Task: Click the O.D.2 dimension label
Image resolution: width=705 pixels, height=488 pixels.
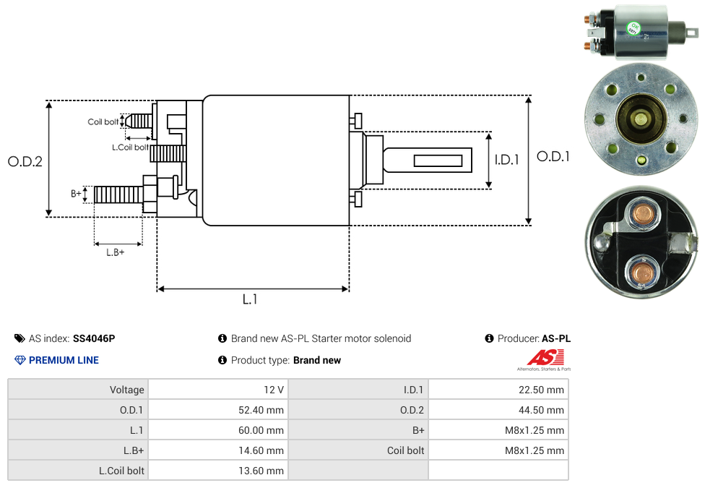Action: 25,161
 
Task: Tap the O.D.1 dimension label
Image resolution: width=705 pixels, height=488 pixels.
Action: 553,156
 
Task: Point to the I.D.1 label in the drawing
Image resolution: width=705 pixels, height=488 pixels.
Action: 507,159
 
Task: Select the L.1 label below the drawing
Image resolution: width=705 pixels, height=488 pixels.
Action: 250,299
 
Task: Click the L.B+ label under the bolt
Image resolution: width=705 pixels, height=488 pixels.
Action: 116,252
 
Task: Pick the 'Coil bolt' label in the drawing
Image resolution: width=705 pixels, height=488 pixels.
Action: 103,121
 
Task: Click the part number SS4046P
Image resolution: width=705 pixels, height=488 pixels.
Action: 94,338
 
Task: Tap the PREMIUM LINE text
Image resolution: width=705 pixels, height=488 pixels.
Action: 64,360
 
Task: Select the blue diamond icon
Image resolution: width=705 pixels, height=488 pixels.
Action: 20,360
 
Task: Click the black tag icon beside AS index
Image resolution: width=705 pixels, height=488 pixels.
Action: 20,338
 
